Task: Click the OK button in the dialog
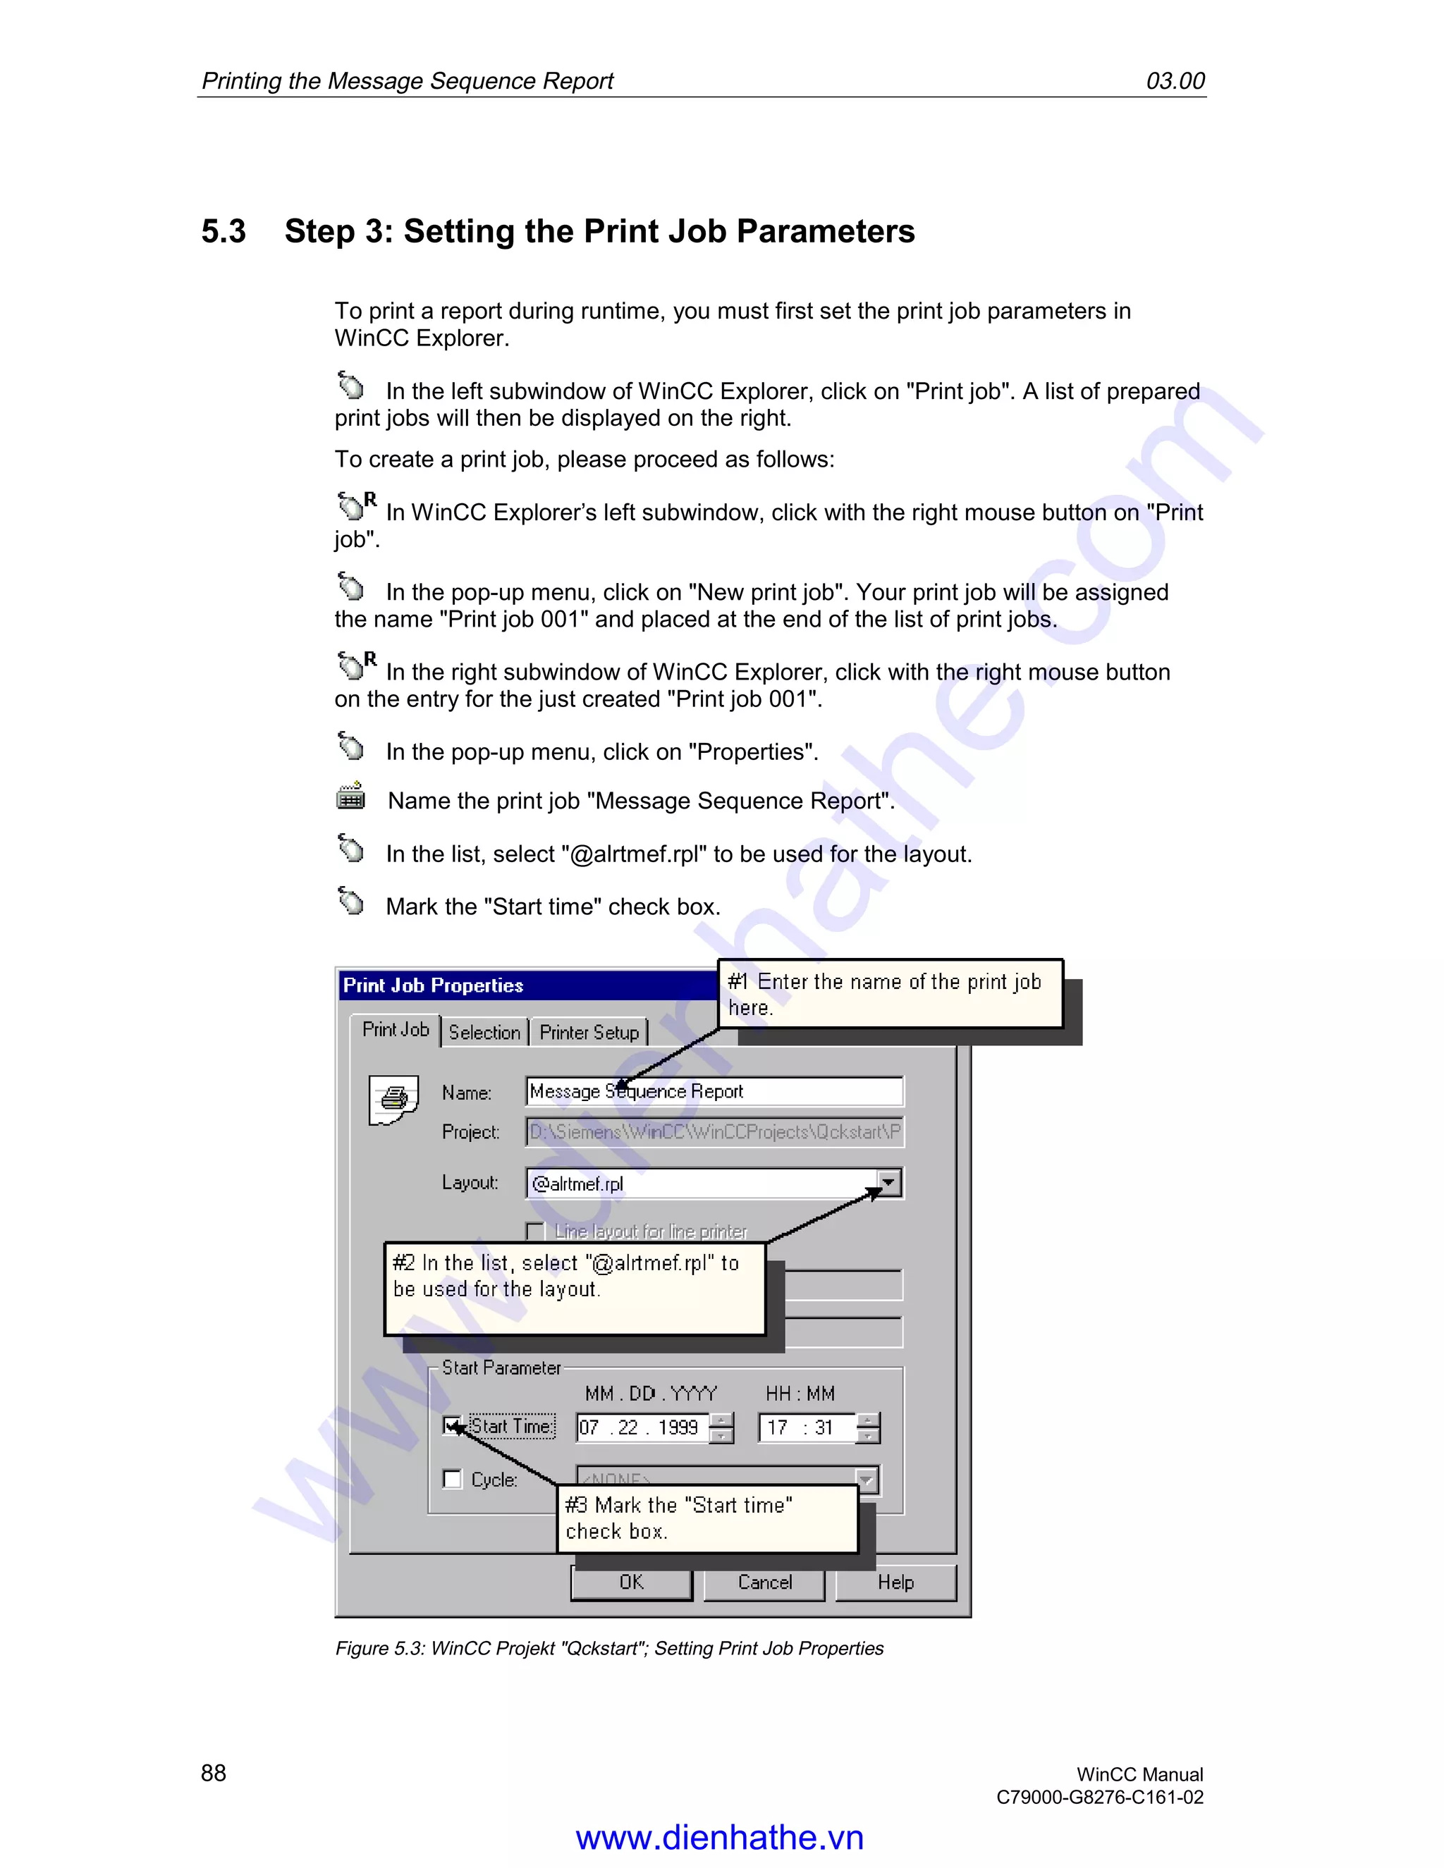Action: click(x=631, y=1583)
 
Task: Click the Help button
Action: click(x=895, y=1583)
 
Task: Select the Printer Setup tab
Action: click(x=589, y=1033)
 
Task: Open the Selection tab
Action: click(x=484, y=1033)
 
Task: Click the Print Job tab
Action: click(x=396, y=1030)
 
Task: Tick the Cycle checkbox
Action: click(x=452, y=1479)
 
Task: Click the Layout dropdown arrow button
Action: click(x=889, y=1183)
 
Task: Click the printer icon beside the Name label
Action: click(x=393, y=1099)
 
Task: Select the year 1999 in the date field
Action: click(x=678, y=1427)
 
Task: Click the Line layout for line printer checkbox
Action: click(x=536, y=1231)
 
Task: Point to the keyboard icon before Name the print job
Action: click(x=350, y=797)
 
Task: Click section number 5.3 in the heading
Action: click(x=224, y=232)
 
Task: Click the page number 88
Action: click(x=213, y=1773)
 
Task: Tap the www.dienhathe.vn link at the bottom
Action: click(x=719, y=1837)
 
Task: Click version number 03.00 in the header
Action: click(x=1175, y=81)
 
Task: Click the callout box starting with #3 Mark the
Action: click(x=707, y=1518)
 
